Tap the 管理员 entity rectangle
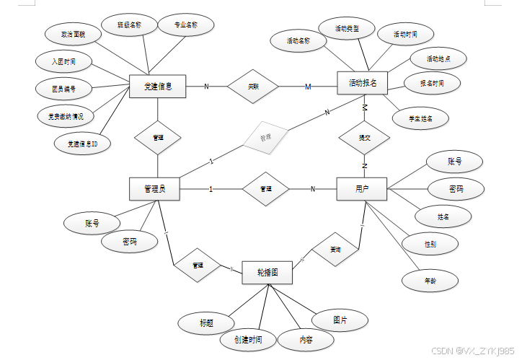(155, 189)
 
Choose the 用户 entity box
(362, 189)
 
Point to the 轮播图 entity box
(267, 273)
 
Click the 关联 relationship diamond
(252, 87)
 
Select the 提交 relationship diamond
(364, 136)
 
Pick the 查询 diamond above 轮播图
(335, 249)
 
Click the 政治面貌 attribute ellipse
(72, 33)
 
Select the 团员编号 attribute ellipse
(63, 89)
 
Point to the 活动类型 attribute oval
(347, 29)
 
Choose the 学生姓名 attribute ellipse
(420, 118)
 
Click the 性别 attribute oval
(430, 245)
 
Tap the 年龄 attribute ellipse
(429, 280)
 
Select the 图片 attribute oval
(340, 320)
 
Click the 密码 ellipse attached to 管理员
(128, 241)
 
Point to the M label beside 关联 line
(308, 87)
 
